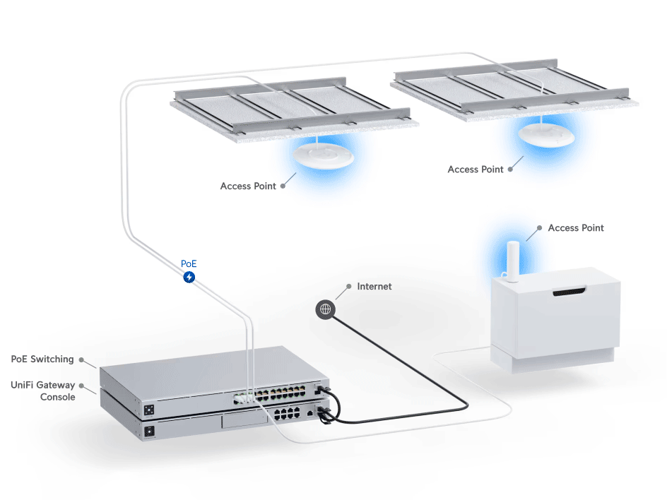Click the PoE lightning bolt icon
coord(189,278)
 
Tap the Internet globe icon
coord(325,309)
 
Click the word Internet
coord(374,286)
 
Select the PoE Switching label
coord(42,359)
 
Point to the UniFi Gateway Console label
coord(44,391)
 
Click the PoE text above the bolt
coord(189,263)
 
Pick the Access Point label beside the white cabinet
coord(576,227)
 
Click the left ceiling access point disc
coord(323,157)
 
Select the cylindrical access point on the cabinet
coord(513,261)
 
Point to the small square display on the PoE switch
coord(149,410)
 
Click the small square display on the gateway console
coord(149,431)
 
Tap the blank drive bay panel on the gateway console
coord(244,422)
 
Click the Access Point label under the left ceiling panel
coord(248,186)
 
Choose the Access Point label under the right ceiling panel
coord(476,169)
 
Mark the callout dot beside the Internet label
coord(348,287)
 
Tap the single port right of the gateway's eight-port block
coord(310,411)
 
